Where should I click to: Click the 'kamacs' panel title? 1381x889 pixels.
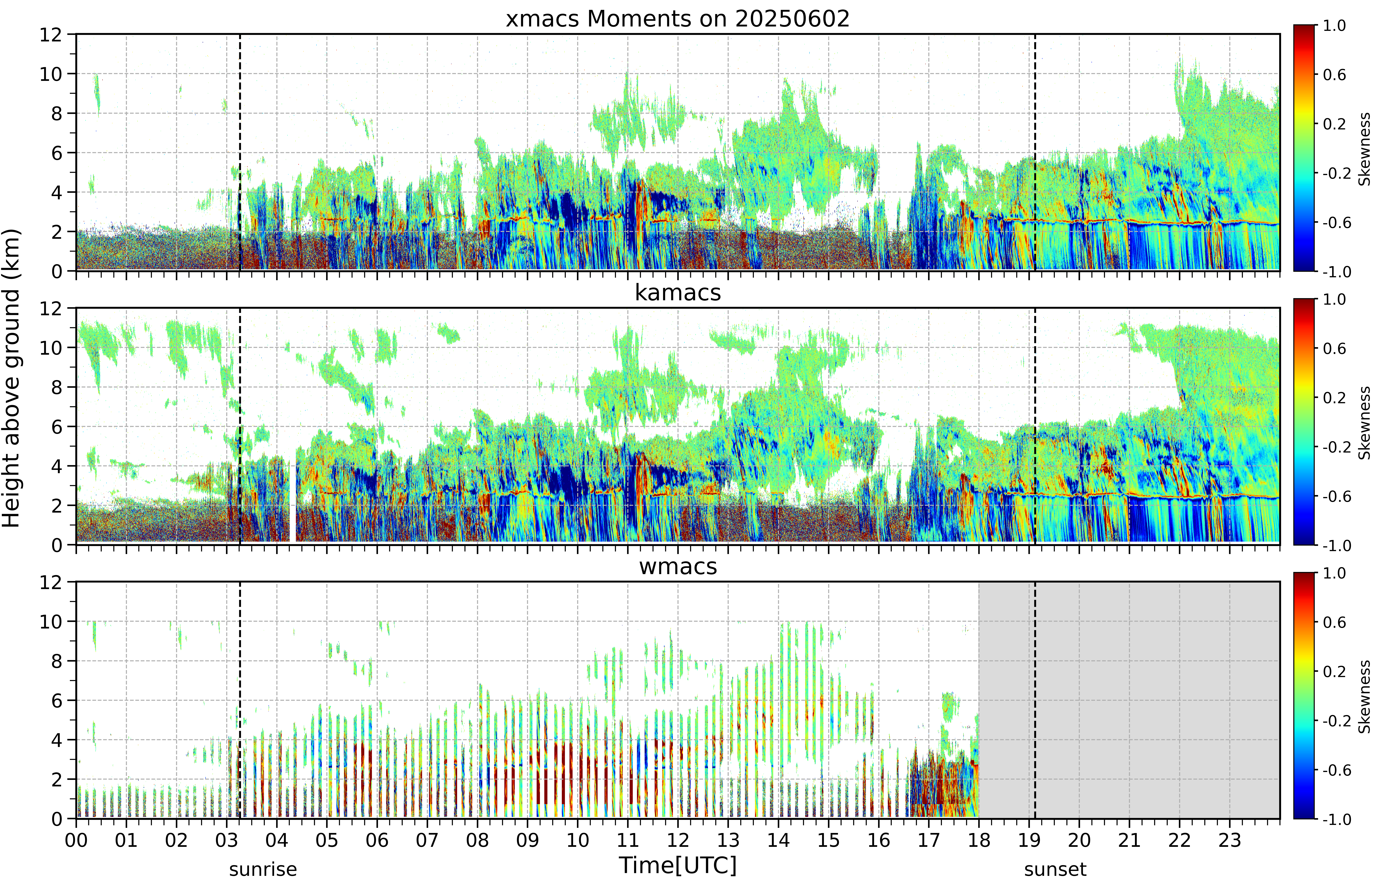tap(678, 293)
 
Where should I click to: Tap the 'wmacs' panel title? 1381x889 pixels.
tap(678, 566)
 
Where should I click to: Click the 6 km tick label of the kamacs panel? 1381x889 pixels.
tap(57, 427)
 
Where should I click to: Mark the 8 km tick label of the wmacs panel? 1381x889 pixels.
tap(57, 661)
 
